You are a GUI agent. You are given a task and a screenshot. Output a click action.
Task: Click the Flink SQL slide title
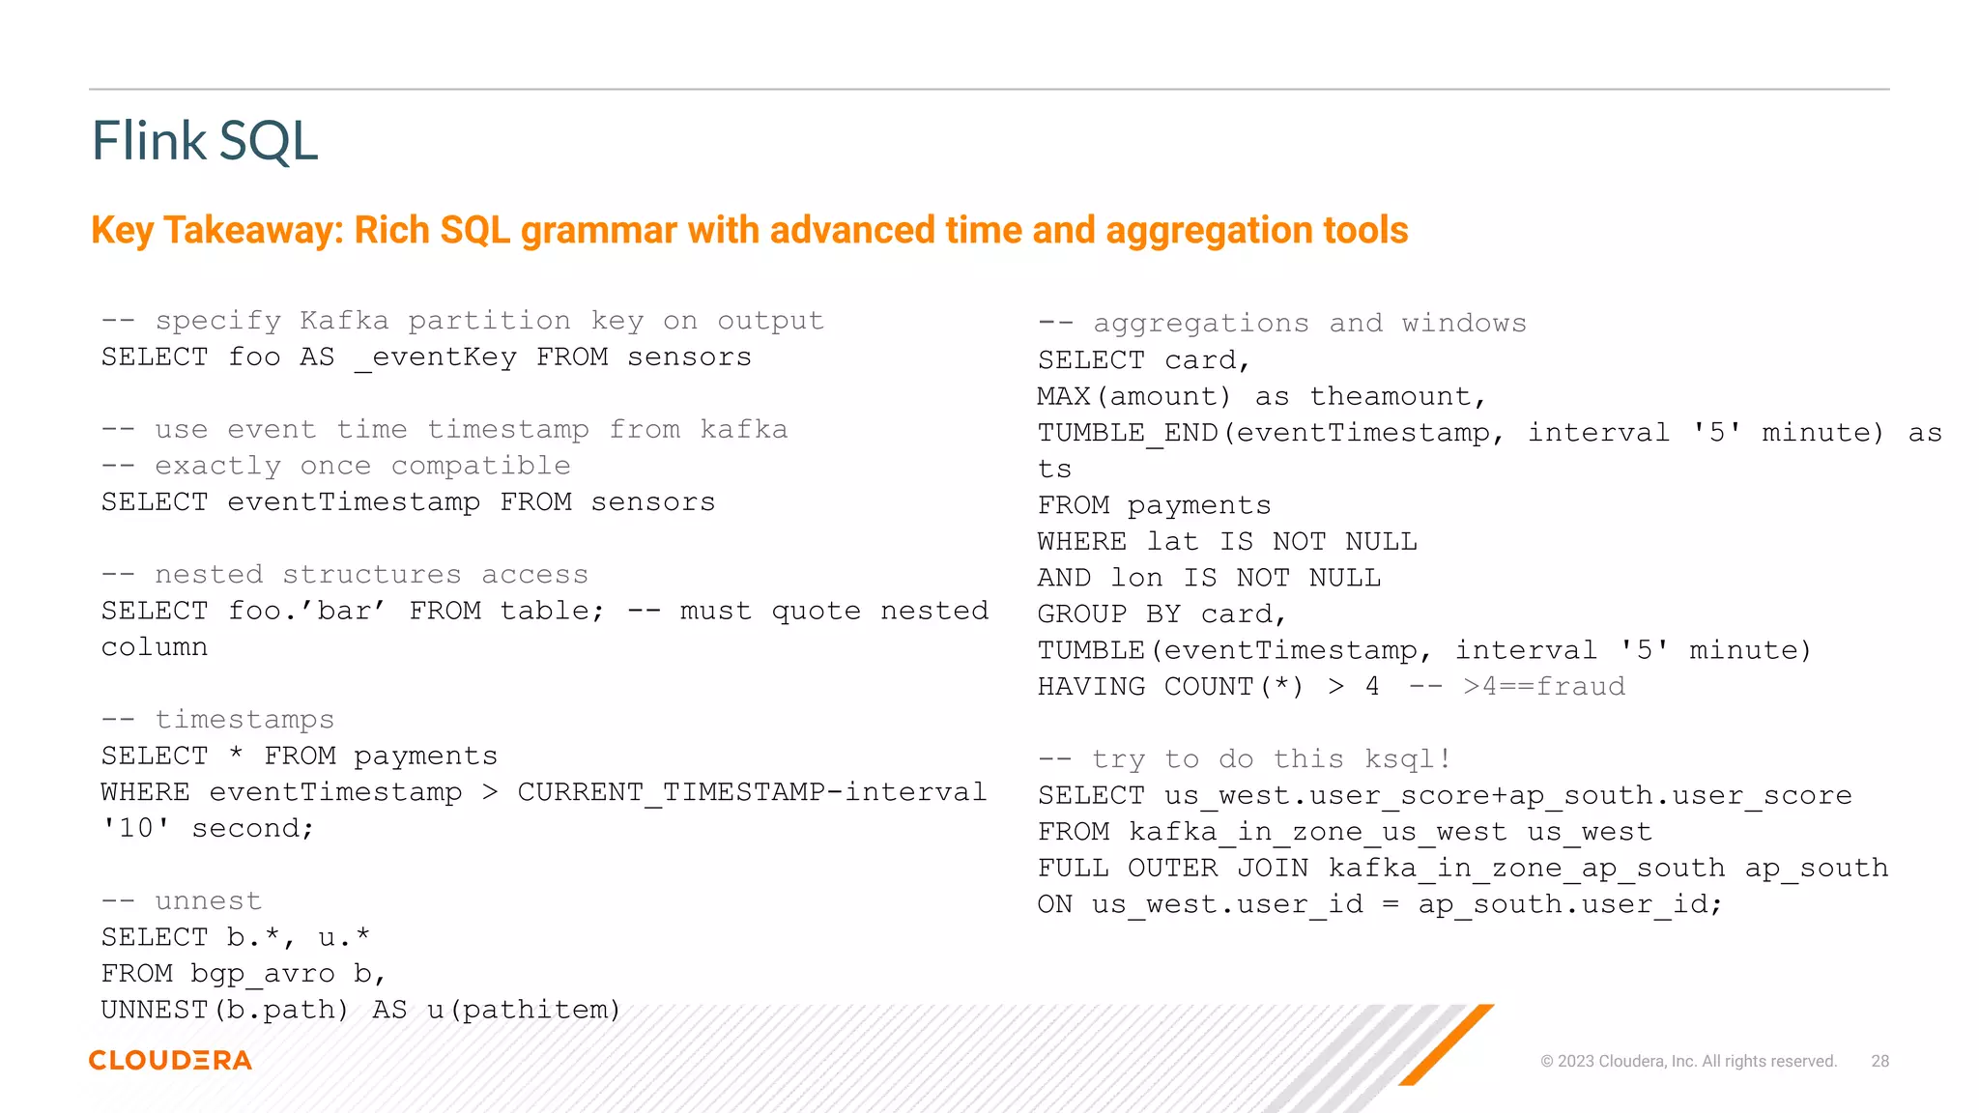point(204,141)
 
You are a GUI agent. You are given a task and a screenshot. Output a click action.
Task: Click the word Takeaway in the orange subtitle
point(253,231)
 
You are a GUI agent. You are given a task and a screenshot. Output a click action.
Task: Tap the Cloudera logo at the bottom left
point(170,1060)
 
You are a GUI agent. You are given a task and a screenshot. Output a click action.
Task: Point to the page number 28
point(1879,1061)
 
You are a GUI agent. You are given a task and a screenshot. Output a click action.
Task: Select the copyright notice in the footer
point(1688,1061)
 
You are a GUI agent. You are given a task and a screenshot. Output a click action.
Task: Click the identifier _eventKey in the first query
point(435,358)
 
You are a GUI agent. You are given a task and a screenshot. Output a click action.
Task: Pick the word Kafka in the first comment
point(344,321)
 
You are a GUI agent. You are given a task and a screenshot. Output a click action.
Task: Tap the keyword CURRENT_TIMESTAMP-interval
point(752,792)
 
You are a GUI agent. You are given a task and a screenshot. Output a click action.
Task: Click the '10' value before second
point(136,829)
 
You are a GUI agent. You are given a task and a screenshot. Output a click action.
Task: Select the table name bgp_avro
point(263,974)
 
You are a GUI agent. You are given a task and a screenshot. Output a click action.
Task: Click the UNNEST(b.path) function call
point(224,1011)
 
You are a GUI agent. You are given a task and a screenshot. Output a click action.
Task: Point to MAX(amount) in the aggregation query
point(1133,397)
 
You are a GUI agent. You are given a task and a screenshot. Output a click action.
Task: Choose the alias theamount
point(1396,397)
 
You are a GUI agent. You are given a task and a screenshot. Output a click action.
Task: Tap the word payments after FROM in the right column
point(1198,506)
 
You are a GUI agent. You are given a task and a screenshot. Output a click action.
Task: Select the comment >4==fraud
point(1543,687)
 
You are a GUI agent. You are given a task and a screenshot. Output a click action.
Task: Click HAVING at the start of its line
point(1091,687)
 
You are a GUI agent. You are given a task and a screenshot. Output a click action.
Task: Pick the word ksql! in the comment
point(1407,759)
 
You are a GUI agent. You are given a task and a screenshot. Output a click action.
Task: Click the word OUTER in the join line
point(1172,869)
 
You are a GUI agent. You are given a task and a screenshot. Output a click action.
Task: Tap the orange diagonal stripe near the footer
point(1447,1044)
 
